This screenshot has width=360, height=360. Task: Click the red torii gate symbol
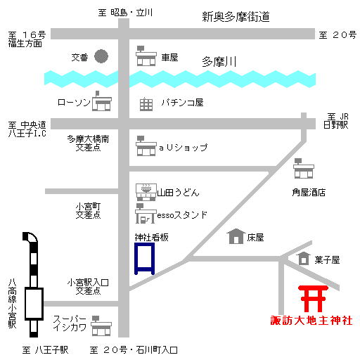pyautogui.click(x=313, y=299)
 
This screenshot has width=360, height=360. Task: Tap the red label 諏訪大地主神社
pyautogui.click(x=311, y=321)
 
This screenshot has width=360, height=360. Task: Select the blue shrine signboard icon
pyautogui.click(x=145, y=259)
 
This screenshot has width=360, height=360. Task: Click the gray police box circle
pyautogui.click(x=101, y=56)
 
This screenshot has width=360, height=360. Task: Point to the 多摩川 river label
pyautogui.click(x=219, y=62)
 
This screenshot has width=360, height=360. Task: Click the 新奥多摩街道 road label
pyautogui.click(x=236, y=17)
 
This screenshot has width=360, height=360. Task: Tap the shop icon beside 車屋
pyautogui.click(x=146, y=56)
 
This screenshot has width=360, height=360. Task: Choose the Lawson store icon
pyautogui.click(x=102, y=101)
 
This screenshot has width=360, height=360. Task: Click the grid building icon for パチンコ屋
pyautogui.click(x=146, y=104)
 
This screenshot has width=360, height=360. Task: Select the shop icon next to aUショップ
pyautogui.click(x=146, y=146)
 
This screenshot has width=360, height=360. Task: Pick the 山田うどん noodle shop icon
pyautogui.click(x=146, y=192)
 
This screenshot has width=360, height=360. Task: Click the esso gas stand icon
pyautogui.click(x=146, y=214)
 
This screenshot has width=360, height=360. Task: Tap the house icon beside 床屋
pyautogui.click(x=236, y=236)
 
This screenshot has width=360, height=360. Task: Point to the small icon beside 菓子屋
pyautogui.click(x=304, y=259)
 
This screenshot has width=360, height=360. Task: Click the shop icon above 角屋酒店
pyautogui.click(x=304, y=168)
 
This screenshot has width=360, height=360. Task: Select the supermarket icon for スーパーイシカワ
pyautogui.click(x=101, y=326)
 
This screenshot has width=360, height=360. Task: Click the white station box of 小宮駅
pyautogui.click(x=34, y=304)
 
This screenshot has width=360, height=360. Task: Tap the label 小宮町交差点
pyautogui.click(x=88, y=211)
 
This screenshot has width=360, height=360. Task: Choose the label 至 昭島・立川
pyautogui.click(x=125, y=13)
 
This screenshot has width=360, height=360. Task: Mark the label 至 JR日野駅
pyautogui.click(x=336, y=121)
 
